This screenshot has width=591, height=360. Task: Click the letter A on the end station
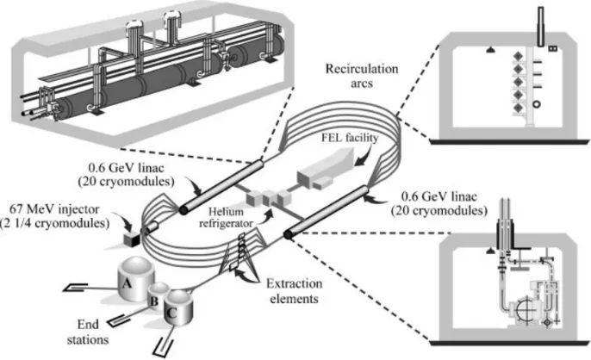[127, 282]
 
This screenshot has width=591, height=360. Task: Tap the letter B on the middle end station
[153, 301]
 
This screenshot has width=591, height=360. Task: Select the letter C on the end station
[171, 313]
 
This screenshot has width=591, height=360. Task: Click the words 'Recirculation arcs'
[362, 76]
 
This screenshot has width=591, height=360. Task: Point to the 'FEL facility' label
[350, 138]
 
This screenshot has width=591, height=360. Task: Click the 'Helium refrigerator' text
[226, 217]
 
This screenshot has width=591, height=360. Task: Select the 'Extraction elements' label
[295, 290]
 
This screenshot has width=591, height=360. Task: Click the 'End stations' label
[88, 332]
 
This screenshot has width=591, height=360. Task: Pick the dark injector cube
[132, 239]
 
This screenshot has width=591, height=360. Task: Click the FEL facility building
[326, 169]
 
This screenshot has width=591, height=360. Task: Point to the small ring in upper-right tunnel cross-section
[537, 103]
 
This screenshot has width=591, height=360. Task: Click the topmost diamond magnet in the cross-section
[518, 56]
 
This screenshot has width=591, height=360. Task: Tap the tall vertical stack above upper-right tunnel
[541, 27]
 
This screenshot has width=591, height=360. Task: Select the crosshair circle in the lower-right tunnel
[526, 311]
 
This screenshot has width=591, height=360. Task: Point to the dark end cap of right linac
[288, 234]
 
